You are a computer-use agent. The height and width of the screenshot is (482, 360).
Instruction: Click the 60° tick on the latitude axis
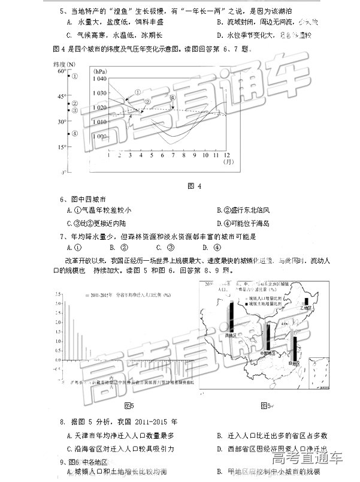(62, 71)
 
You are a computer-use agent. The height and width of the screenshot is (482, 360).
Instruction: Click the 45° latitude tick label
(62, 96)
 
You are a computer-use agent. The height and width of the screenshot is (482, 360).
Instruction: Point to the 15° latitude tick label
(62, 146)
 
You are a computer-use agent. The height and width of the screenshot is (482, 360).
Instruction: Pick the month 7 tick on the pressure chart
(173, 155)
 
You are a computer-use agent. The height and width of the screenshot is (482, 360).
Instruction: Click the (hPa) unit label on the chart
(99, 71)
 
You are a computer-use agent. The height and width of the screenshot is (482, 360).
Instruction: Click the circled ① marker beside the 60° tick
(74, 76)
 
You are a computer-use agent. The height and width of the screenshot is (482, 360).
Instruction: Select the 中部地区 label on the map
(269, 353)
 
